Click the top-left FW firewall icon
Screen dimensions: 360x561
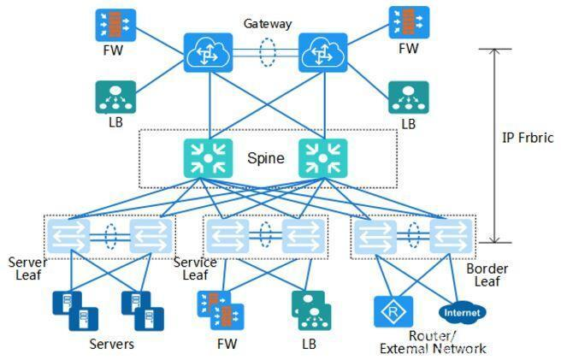[115, 25]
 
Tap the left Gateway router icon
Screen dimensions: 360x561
[208, 53]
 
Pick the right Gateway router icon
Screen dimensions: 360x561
[322, 53]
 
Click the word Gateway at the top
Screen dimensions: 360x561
[267, 24]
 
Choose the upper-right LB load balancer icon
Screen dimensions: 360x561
[408, 97]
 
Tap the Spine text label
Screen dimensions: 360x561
[265, 158]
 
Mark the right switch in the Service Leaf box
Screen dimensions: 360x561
[302, 235]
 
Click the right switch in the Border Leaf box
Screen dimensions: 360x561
[451, 235]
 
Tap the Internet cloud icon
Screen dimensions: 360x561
[462, 312]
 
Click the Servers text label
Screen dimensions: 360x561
[111, 345]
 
